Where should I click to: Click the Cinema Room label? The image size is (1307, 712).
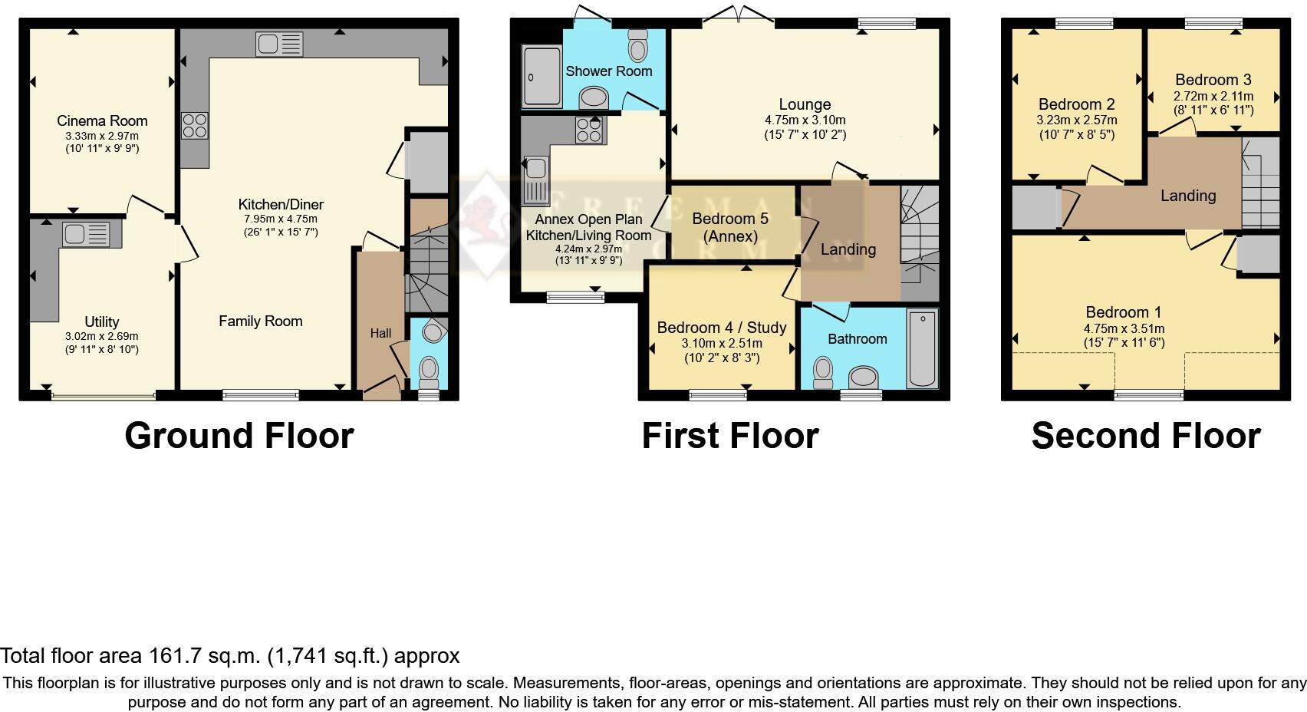pos(102,120)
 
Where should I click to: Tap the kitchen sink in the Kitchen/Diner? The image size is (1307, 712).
pos(279,44)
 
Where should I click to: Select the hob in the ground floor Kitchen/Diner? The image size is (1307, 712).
pos(194,126)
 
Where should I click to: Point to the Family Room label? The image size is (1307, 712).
pos(260,321)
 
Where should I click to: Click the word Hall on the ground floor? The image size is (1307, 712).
pos(380,333)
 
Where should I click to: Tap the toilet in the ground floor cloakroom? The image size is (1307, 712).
pos(429,371)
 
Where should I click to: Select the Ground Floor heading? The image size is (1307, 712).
pos(239,436)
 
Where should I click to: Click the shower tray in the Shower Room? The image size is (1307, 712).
pos(542,75)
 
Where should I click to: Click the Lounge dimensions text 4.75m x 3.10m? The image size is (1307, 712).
pos(805,120)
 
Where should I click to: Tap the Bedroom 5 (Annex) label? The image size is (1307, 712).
pos(729,227)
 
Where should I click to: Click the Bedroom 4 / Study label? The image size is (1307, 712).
pos(721,328)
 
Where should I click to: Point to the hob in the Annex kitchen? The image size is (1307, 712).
pos(590,130)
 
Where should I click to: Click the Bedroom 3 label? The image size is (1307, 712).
pos(1213,80)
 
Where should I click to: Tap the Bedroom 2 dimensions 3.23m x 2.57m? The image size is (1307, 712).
pos(1076,120)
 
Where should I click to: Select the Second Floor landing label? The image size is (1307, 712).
pos(1187,196)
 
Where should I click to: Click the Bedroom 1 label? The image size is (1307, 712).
pos(1123,312)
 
